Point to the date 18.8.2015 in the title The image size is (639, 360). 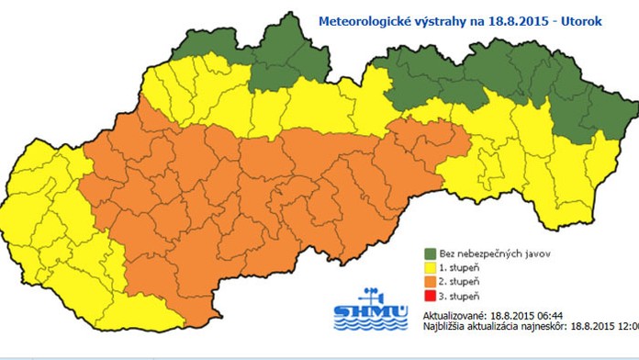515,17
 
